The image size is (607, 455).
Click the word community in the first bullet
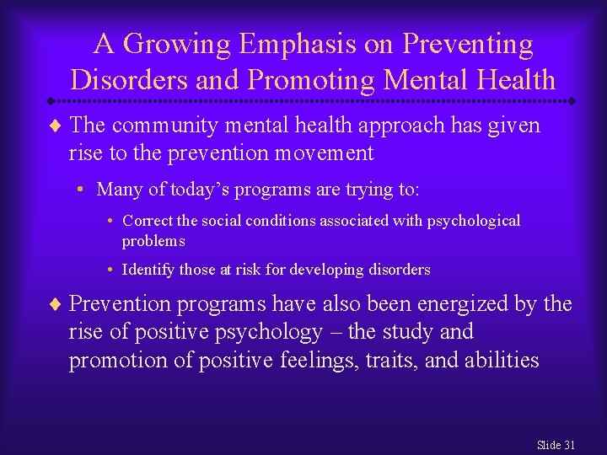160,126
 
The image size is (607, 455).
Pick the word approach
400,126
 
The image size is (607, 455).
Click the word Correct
149,221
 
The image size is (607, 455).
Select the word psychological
474,221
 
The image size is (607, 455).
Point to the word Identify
149,270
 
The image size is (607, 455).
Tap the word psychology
269,332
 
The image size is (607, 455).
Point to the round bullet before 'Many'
87,190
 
